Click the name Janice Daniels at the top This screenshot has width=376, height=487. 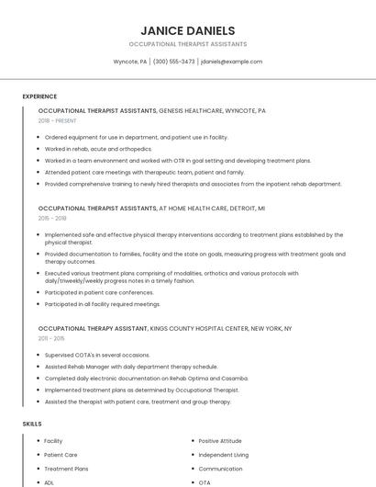pos(188,30)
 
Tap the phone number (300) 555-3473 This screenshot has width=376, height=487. pos(174,62)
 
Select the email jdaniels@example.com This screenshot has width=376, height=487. pos(231,62)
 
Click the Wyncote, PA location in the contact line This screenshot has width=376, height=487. pos(130,62)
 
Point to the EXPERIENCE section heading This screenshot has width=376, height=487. pos(39,96)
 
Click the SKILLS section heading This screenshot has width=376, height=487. pos(32,424)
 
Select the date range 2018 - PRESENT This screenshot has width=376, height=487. pos(59,120)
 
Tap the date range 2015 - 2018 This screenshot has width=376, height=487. pos(52,218)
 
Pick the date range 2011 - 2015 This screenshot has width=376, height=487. pos(51,338)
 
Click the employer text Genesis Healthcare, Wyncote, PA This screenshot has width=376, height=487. pos(213,110)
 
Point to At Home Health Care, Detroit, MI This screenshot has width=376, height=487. pos(212,208)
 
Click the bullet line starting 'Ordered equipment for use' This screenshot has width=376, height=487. pos(136,137)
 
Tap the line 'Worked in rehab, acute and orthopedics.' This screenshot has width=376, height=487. pos(98,149)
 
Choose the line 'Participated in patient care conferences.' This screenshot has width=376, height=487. pos(99,292)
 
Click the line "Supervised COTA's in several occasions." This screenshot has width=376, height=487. pos(97,355)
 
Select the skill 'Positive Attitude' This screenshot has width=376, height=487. pos(220,441)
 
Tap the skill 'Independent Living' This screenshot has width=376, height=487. pos(223,455)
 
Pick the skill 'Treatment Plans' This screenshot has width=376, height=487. pos(66,469)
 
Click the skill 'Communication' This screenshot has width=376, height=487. pos(220,469)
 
